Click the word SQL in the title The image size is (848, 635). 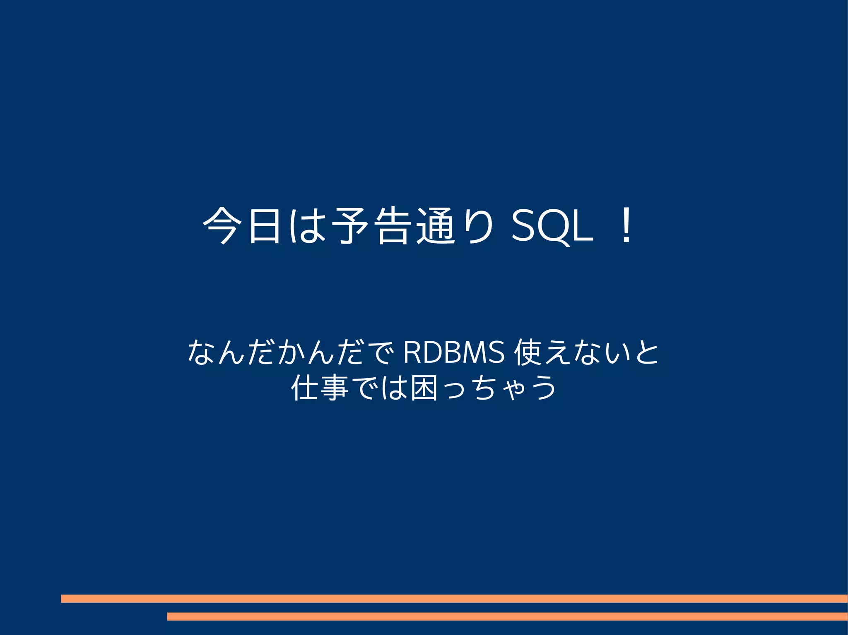coord(552,226)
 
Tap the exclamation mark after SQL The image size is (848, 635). coord(626,226)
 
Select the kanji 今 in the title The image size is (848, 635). coord(222,226)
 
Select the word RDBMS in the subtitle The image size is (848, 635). coord(454,352)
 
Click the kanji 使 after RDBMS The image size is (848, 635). coord(528,352)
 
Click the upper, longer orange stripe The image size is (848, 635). coord(454,599)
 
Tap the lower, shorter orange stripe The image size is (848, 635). coord(507,616)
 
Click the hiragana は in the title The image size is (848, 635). coord(306,226)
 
